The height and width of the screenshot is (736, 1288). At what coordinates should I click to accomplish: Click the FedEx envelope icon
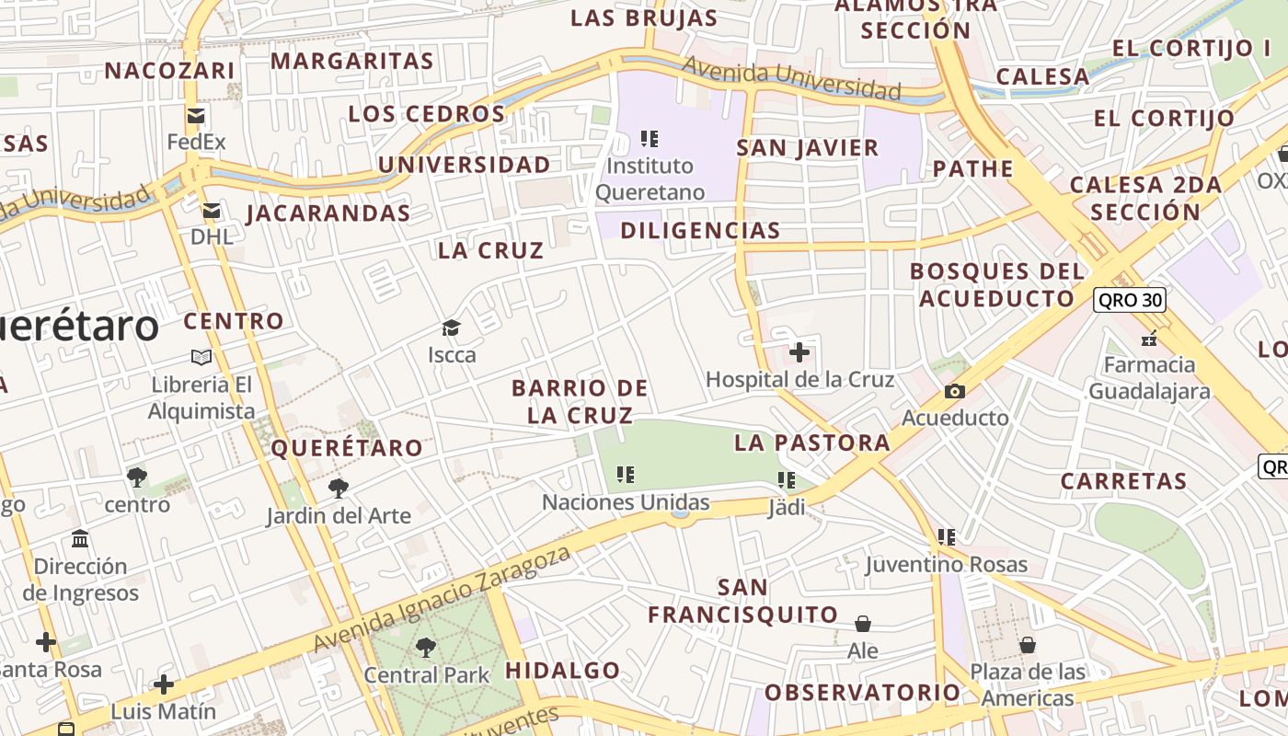(195, 116)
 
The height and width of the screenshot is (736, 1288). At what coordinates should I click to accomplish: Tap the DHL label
(212, 236)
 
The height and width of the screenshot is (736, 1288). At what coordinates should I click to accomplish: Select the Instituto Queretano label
(650, 179)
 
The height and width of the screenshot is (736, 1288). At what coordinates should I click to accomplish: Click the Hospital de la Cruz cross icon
(799, 351)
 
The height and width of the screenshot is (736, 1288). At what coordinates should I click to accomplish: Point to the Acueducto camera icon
(955, 392)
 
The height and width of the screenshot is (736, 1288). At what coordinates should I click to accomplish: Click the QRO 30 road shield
(1130, 300)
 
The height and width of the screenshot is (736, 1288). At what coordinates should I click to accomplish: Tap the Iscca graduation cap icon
(451, 328)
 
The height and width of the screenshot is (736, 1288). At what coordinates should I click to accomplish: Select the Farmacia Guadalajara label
(1149, 378)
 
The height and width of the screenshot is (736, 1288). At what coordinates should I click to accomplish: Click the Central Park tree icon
(426, 648)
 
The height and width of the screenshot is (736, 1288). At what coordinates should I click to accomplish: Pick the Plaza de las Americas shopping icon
(1028, 645)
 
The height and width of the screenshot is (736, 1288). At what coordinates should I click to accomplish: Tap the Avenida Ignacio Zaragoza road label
(442, 599)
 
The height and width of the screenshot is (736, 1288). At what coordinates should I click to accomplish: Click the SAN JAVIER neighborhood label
(808, 147)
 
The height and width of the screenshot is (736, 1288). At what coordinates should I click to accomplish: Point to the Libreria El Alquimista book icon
(201, 357)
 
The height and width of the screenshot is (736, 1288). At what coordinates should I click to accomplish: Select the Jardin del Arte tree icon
(339, 488)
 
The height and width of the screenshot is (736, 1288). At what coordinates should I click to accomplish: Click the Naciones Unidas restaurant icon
(626, 475)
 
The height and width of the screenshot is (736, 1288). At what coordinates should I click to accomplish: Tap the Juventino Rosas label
(947, 564)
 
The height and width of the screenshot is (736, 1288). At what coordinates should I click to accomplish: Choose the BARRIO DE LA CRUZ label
(580, 401)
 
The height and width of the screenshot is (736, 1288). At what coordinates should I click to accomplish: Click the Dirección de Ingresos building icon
(80, 538)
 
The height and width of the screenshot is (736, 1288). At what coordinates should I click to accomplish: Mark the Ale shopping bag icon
(863, 624)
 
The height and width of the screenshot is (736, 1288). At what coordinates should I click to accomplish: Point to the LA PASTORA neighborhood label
(811, 443)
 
